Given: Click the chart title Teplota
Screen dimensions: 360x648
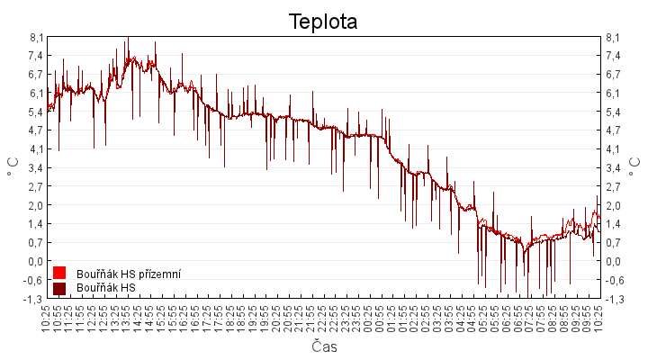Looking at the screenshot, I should pyautogui.click(x=323, y=22).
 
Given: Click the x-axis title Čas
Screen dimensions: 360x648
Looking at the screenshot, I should pyautogui.click(x=324, y=346).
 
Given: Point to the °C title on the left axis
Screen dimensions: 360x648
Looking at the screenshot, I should pyautogui.click(x=13, y=167).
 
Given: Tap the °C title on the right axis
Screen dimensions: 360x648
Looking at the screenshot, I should pyautogui.click(x=635, y=167).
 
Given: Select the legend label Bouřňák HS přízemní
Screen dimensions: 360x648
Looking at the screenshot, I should pyautogui.click(x=130, y=274).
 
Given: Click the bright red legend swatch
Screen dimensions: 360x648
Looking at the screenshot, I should pyautogui.click(x=59, y=273).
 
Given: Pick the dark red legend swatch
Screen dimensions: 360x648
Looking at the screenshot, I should pyautogui.click(x=59, y=288).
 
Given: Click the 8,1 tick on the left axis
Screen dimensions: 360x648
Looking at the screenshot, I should pyautogui.click(x=36, y=38).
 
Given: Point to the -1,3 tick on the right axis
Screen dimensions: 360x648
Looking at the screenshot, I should pyautogui.click(x=614, y=299).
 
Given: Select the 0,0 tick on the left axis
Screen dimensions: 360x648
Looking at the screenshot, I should pyautogui.click(x=36, y=261).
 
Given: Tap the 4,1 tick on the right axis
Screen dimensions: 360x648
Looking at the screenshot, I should pyautogui.click(x=614, y=149).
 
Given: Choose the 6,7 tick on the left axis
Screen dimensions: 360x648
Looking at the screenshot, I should pyautogui.click(x=36, y=75).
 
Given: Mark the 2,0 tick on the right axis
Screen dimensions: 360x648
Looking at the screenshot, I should pyautogui.click(x=614, y=205).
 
